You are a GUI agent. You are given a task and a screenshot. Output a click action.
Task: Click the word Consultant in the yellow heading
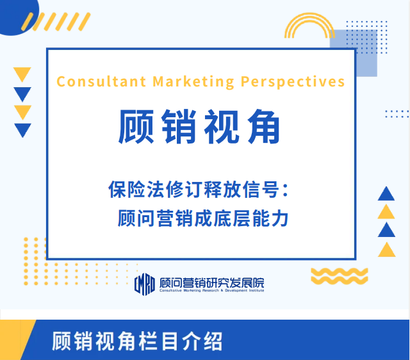point(101,81)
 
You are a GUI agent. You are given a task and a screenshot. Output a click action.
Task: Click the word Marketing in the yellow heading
point(193,82)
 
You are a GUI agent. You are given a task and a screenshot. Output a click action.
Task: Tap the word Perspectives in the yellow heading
point(293,82)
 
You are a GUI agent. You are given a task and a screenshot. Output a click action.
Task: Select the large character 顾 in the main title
point(136,127)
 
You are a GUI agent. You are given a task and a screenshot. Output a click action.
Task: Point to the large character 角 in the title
point(263,127)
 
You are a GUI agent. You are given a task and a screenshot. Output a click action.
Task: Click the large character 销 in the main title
point(179,127)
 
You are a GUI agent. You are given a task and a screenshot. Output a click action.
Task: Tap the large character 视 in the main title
point(221,127)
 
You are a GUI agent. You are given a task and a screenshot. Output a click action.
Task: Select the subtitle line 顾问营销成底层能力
point(203,218)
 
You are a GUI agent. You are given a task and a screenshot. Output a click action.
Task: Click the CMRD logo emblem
point(145,284)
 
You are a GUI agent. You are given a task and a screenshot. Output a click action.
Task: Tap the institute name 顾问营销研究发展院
point(212,282)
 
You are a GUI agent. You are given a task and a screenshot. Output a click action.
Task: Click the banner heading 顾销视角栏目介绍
point(137,341)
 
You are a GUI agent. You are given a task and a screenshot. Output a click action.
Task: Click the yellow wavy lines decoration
point(340,276)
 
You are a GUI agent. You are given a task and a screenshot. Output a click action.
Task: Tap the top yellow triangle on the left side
point(22,74)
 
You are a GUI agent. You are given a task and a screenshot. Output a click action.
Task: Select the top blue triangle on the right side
point(386,193)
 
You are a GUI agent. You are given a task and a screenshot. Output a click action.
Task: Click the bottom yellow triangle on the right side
point(387,250)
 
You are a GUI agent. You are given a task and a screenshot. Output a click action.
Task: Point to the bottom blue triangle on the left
point(23,130)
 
